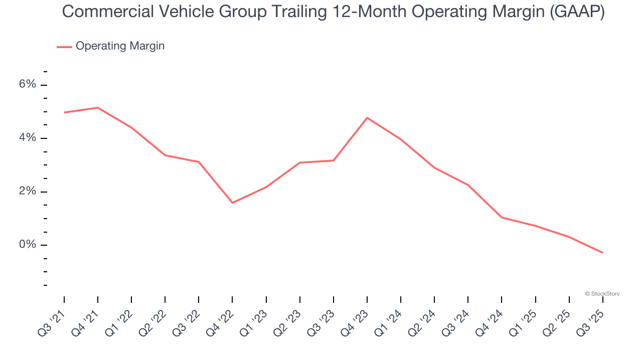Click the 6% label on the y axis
(28, 84)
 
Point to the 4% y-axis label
(28, 138)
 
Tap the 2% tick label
(28, 192)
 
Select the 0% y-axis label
(28, 245)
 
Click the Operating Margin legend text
(120, 46)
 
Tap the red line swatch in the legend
(64, 47)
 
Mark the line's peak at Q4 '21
(98, 108)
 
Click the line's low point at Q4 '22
(232, 203)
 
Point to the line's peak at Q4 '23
(367, 118)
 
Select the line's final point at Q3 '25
(602, 253)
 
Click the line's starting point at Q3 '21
(64, 112)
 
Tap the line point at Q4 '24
(502, 218)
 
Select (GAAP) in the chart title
(577, 12)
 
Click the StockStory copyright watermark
(602, 294)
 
